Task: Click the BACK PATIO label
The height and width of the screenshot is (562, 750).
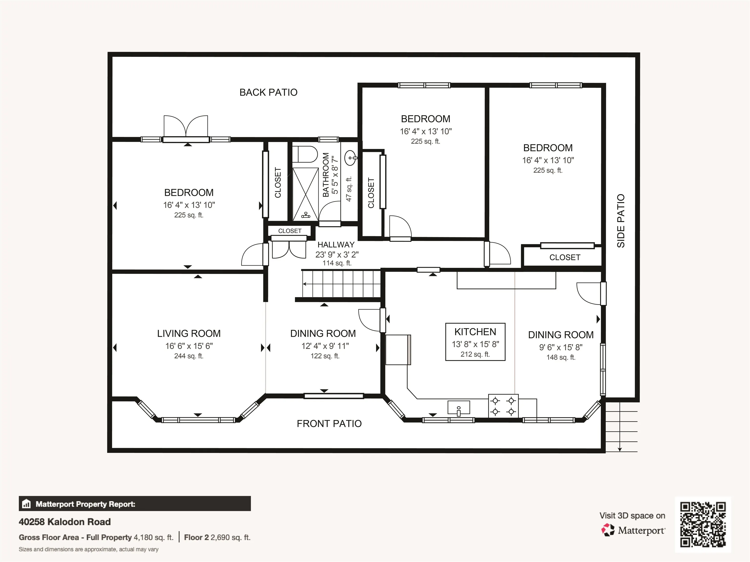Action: (268, 92)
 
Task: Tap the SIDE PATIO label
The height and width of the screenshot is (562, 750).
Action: (620, 221)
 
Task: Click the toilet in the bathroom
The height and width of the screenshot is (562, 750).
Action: (305, 154)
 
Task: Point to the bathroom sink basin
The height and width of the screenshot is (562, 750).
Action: (351, 158)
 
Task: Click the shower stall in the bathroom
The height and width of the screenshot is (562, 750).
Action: (305, 194)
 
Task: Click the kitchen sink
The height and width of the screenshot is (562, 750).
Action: (458, 408)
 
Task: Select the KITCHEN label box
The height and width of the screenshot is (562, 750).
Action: (475, 342)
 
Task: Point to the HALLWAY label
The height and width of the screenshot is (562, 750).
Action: (336, 245)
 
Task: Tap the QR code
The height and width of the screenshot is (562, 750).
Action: (703, 525)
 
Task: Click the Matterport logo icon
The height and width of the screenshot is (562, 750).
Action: (608, 530)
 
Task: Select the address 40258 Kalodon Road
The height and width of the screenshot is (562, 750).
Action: (65, 522)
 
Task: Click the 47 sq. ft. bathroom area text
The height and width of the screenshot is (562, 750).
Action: (349, 189)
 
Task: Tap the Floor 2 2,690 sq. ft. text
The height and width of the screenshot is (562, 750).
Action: (217, 537)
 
